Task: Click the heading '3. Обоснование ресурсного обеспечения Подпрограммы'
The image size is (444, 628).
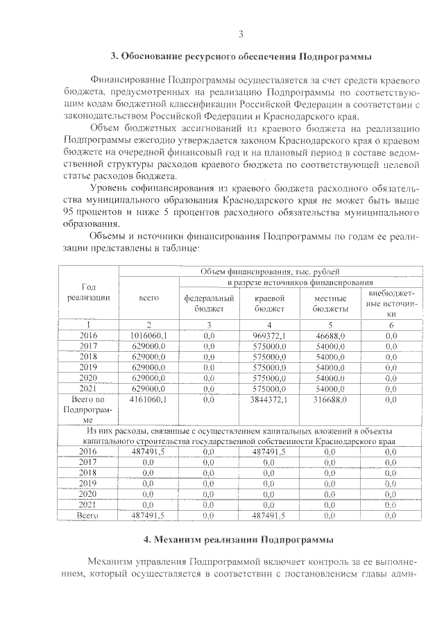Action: (241, 56)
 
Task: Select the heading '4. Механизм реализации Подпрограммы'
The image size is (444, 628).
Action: (240, 539)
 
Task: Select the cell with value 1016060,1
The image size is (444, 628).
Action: (148, 335)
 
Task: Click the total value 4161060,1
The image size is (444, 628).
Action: (148, 400)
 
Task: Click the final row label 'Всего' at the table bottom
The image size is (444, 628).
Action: (88, 516)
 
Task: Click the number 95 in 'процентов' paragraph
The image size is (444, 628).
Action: (68, 210)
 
